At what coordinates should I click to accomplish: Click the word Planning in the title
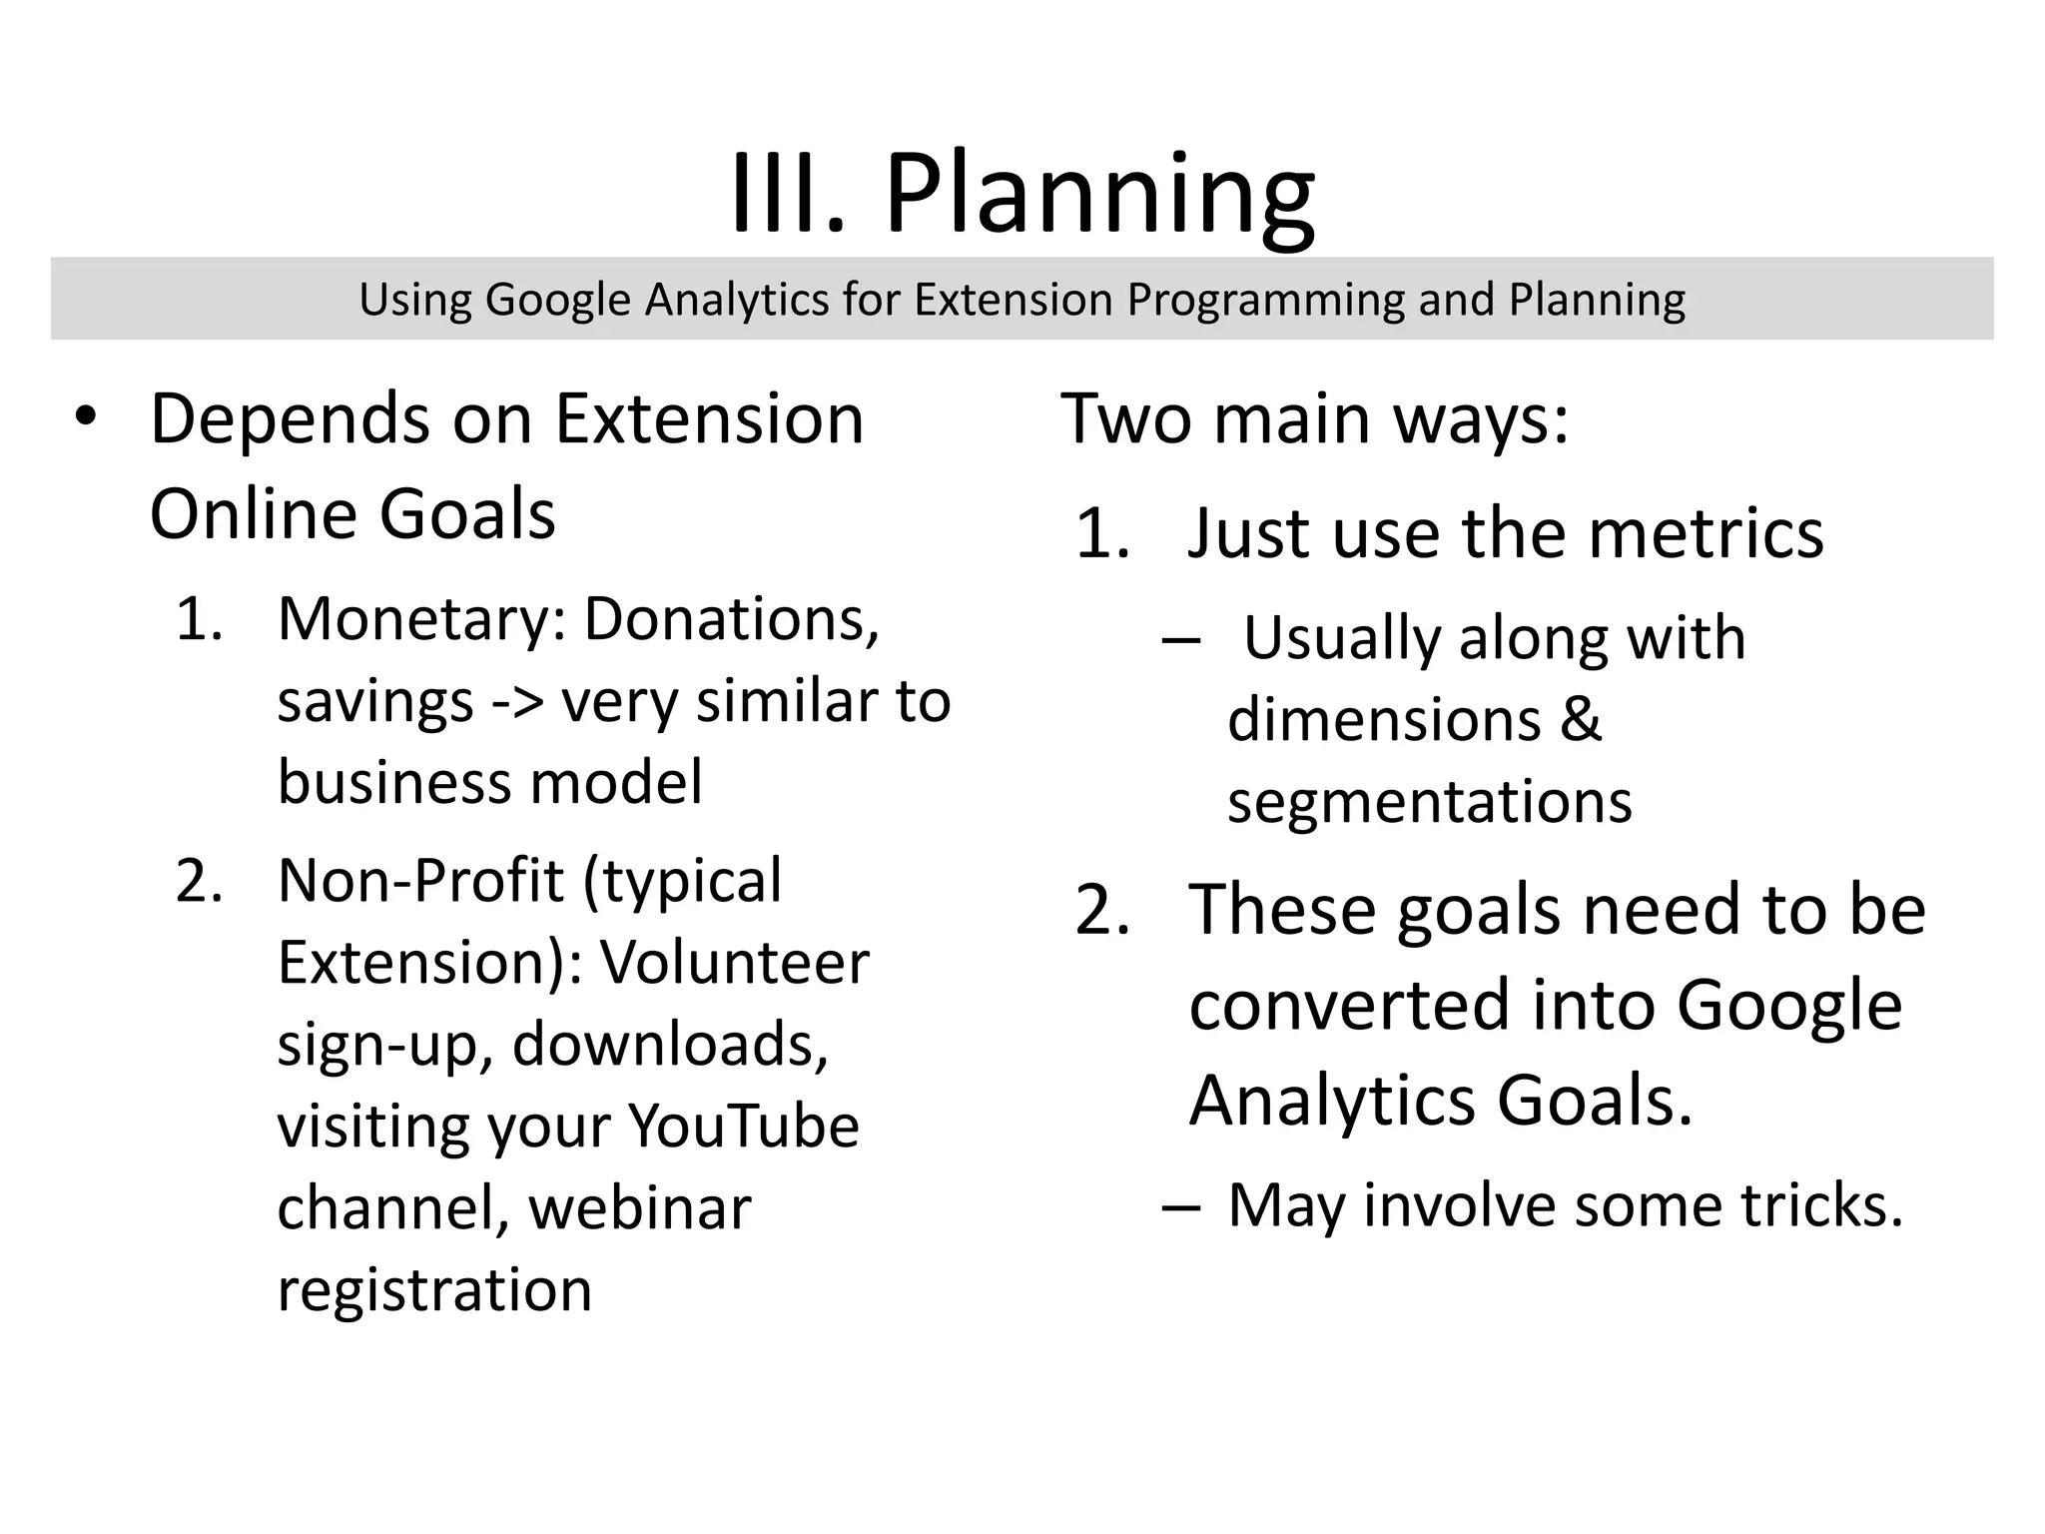(x=1099, y=195)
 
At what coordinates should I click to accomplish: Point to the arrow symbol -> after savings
(x=518, y=702)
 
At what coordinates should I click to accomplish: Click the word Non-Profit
(x=420, y=881)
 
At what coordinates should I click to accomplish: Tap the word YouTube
(x=743, y=1127)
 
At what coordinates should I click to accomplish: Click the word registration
(x=434, y=1289)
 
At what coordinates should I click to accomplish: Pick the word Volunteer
(x=734, y=963)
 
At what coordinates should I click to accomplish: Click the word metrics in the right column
(x=1705, y=533)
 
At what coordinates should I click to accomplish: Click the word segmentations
(x=1429, y=801)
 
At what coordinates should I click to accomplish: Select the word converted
(x=1349, y=1005)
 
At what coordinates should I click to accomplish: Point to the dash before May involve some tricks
(x=1180, y=1206)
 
